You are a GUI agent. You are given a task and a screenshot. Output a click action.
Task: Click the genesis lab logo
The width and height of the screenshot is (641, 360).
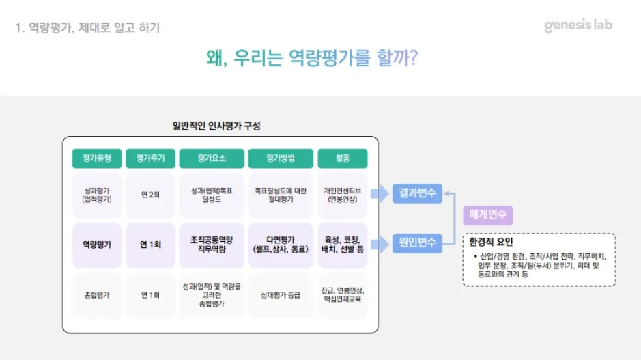point(578,25)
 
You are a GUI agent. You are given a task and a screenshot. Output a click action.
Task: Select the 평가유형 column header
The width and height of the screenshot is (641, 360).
point(96,158)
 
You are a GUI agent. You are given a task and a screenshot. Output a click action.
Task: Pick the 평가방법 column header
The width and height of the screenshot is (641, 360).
point(281,158)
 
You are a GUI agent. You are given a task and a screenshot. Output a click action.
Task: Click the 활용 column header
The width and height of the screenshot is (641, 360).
point(342,158)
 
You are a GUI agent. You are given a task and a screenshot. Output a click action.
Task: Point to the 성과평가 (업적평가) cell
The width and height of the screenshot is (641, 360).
point(96,195)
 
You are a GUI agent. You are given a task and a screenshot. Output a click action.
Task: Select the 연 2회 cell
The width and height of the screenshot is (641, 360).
point(150,195)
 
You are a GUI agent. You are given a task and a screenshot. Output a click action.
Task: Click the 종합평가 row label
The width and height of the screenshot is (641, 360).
point(96,295)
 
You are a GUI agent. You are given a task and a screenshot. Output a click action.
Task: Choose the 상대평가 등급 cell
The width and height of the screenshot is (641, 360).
point(281,295)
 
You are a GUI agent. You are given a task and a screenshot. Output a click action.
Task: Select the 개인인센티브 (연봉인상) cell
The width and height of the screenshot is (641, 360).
point(342,195)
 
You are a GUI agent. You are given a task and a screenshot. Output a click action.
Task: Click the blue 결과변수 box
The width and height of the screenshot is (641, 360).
point(417,193)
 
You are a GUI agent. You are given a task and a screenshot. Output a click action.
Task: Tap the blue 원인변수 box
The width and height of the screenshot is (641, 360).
point(417,242)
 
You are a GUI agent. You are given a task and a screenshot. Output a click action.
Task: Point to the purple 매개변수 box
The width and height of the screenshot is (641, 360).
point(487,215)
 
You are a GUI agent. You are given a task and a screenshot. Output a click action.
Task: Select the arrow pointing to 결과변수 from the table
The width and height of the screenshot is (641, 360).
point(380,193)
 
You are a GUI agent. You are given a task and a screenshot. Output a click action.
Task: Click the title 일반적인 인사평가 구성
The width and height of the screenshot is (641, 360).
point(216,126)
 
